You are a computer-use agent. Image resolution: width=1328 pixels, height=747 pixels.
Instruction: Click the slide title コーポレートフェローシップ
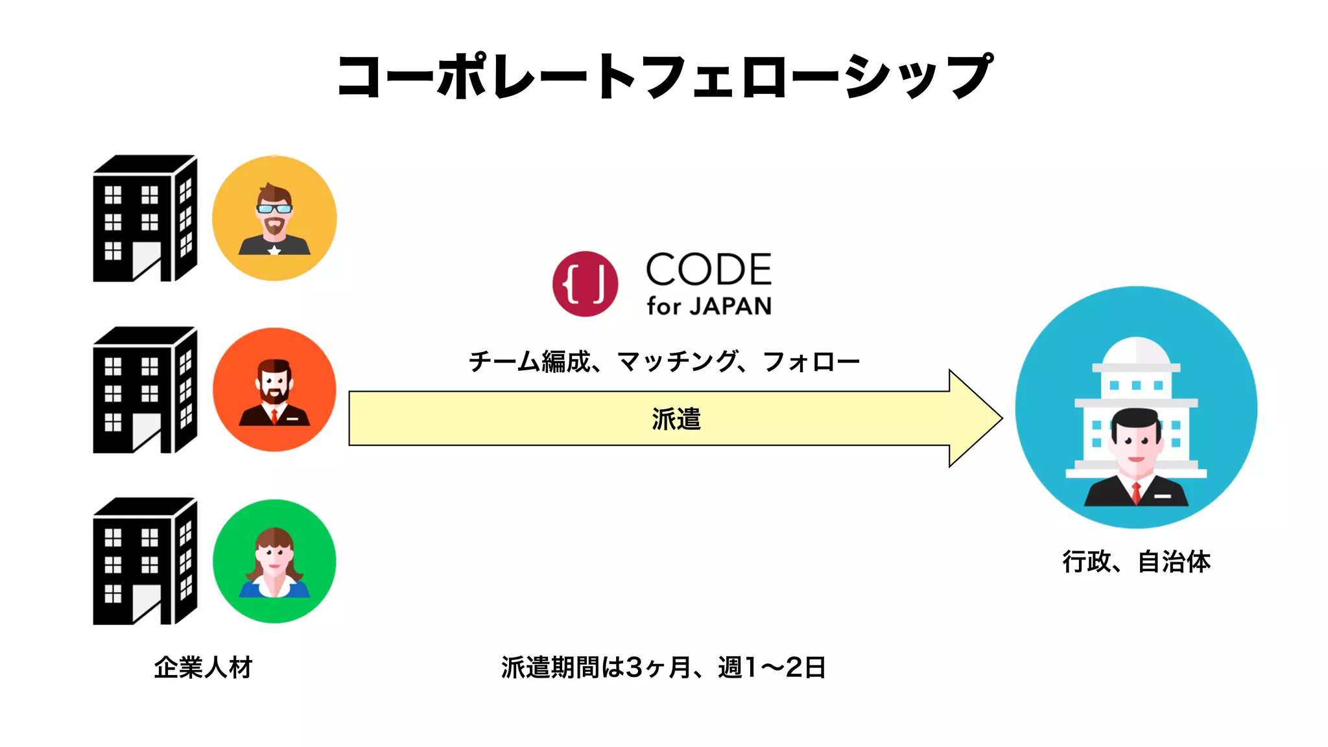[x=664, y=77]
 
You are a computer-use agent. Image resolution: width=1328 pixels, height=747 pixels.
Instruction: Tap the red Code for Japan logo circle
[x=585, y=284]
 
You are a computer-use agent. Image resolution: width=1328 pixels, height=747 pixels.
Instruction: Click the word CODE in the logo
[x=708, y=270]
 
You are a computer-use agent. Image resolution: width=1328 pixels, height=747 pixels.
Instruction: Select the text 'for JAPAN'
[x=709, y=306]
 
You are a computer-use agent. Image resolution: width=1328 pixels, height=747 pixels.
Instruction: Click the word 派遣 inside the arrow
[x=676, y=419]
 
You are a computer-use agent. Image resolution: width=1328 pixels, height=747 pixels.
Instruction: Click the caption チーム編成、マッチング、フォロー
[x=664, y=361]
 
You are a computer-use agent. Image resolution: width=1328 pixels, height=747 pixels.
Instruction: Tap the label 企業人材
[x=203, y=667]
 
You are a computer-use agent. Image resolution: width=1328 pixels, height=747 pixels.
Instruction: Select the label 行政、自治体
[x=1136, y=562]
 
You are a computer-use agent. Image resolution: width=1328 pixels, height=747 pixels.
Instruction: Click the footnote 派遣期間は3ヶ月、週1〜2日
[x=663, y=667]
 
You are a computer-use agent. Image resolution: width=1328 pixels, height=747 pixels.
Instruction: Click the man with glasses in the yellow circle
[x=274, y=219]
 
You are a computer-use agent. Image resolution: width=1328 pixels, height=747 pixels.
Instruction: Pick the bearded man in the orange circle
[x=274, y=390]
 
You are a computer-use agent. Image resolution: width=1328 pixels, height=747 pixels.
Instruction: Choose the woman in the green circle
[x=274, y=562]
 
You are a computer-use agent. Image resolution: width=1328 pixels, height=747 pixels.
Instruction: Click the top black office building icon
[x=145, y=219]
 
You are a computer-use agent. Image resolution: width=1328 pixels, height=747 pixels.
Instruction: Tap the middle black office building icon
[x=145, y=390]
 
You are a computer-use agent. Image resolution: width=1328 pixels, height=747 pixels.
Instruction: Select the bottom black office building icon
[x=145, y=562]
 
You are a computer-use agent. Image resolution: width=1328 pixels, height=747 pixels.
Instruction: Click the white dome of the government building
[x=1136, y=352]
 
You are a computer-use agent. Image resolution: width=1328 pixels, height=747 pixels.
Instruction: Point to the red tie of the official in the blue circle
[x=1136, y=493]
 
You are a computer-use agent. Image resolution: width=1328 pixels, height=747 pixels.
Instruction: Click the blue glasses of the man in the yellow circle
[x=274, y=209]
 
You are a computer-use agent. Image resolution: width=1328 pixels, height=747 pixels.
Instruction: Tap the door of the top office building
[x=147, y=261]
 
